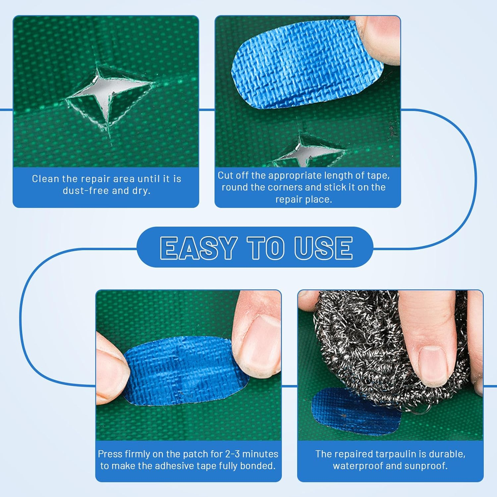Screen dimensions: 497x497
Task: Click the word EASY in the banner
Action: coord(198,248)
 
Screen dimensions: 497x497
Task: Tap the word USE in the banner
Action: coord(323,248)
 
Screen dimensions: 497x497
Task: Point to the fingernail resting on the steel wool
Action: coord(432,363)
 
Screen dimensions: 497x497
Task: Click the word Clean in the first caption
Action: coord(46,179)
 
